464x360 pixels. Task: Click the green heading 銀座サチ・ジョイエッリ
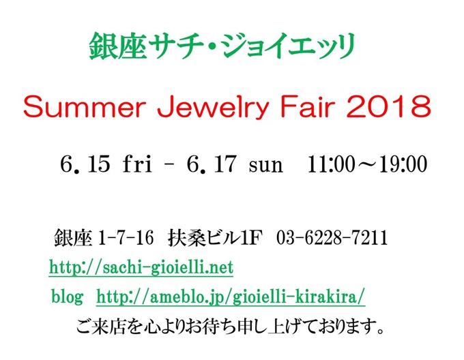click(222, 46)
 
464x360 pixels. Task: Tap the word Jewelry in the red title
click(213, 108)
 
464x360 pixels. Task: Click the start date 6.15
click(85, 164)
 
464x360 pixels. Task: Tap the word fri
click(137, 164)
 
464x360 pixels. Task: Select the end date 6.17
click(212, 164)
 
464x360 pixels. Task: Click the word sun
click(266, 166)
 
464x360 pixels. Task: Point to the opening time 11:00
click(332, 164)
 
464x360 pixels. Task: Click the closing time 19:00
click(403, 164)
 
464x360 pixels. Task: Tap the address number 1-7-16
click(126, 238)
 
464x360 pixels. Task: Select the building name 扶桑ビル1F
click(215, 238)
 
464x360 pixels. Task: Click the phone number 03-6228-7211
click(332, 238)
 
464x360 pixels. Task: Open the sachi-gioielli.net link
click(141, 267)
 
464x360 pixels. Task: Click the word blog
click(67, 296)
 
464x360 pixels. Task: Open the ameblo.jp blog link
click(231, 297)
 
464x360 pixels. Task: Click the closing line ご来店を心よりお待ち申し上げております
click(230, 327)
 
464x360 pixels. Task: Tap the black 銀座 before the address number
click(73, 238)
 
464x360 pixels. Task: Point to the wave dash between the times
click(367, 164)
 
